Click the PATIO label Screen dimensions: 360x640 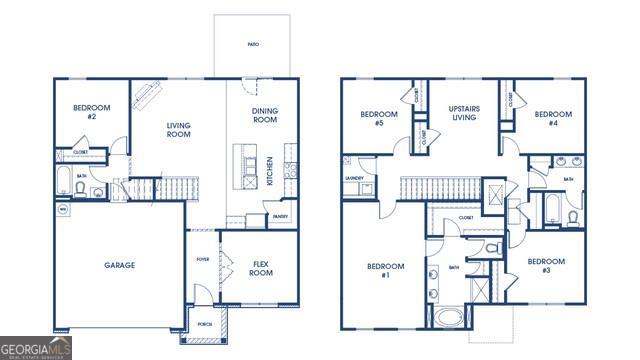click(x=254, y=45)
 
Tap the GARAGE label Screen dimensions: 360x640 click(x=119, y=265)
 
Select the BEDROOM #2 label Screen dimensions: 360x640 click(x=91, y=112)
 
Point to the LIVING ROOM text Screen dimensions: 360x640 click(x=178, y=130)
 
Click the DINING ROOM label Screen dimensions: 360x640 click(x=264, y=115)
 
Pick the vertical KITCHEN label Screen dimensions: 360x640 click(x=270, y=170)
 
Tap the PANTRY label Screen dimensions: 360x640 click(x=280, y=215)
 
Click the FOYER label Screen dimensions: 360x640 click(x=203, y=259)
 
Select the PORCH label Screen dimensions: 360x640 click(x=204, y=324)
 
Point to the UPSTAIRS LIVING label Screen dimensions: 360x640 click(x=463, y=112)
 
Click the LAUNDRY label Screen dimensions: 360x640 click(x=353, y=179)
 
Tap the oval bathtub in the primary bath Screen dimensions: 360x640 click(x=448, y=319)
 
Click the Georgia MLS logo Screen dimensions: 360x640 click(x=36, y=348)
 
